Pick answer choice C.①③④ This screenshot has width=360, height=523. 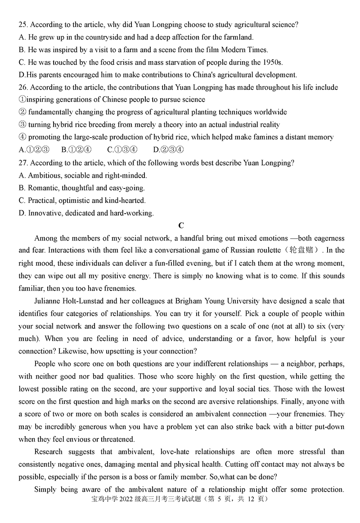(122, 150)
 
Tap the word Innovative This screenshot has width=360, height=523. (45, 213)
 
